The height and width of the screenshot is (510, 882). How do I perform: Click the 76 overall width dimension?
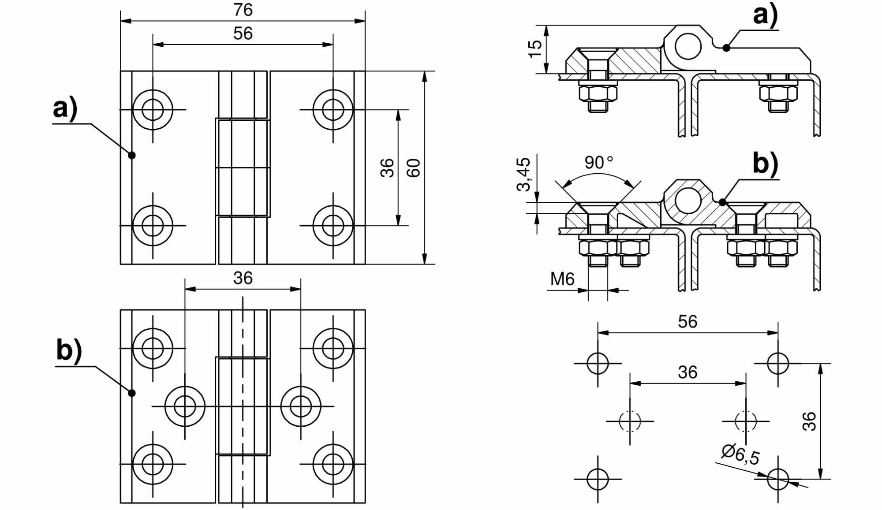click(243, 10)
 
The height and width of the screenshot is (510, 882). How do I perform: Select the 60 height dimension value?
click(413, 168)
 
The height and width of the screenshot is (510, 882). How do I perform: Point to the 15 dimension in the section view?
click(534, 48)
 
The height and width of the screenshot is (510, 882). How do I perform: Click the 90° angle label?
click(598, 163)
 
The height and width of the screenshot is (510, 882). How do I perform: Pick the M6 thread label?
click(562, 279)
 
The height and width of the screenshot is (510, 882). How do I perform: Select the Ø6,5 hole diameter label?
click(740, 455)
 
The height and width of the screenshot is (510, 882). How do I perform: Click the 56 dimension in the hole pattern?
click(688, 322)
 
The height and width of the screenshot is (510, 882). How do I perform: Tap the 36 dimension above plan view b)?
click(243, 278)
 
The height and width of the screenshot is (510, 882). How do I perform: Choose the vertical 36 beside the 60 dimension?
click(387, 168)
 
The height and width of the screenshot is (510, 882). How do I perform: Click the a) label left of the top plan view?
click(65, 108)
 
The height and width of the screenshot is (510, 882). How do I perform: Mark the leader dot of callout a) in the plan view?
click(131, 155)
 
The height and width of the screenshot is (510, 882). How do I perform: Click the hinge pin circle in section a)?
click(688, 46)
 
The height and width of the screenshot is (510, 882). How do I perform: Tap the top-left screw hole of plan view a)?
click(153, 110)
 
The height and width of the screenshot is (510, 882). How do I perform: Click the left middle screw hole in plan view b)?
click(185, 406)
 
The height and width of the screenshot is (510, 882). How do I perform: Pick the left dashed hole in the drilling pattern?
click(630, 421)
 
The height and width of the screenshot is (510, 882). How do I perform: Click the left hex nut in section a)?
click(598, 93)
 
